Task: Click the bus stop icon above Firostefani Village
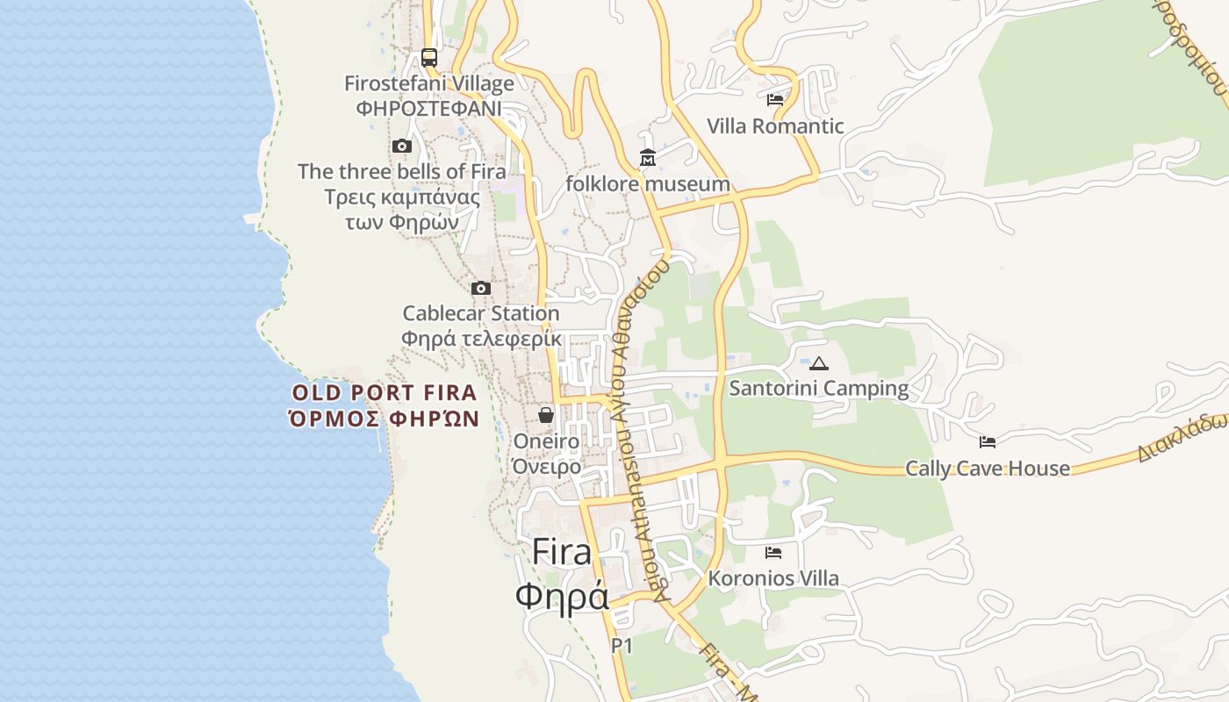[428, 58]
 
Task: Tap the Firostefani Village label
[428, 84]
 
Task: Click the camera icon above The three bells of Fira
[402, 146]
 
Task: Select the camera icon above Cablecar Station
[480, 288]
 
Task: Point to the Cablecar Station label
[480, 313]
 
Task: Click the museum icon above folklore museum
[648, 158]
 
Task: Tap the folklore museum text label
[648, 184]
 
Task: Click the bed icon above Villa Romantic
[774, 100]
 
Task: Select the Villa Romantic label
[774, 126]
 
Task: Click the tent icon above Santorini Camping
[818, 363]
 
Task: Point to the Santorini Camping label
[818, 388]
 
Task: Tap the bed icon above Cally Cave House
[988, 442]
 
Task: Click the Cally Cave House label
[988, 469]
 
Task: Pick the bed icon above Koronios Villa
[773, 553]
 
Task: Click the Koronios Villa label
[773, 578]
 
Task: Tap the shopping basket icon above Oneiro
[546, 415]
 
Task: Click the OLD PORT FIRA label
[385, 393]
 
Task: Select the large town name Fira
[562, 553]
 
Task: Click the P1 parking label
[622, 646]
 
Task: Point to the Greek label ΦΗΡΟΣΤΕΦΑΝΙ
[428, 109]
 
